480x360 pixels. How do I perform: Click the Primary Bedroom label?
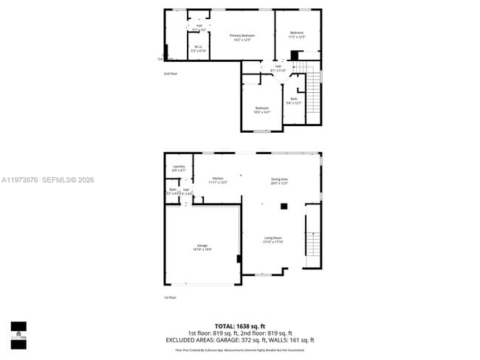pyautogui.click(x=241, y=37)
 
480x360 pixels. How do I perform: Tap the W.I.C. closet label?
pyautogui.click(x=198, y=49)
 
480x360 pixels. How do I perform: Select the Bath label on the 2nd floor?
pyautogui.click(x=294, y=100)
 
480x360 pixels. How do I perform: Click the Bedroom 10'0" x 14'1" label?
pyautogui.click(x=262, y=110)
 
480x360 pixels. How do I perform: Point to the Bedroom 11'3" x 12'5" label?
pyautogui.click(x=296, y=34)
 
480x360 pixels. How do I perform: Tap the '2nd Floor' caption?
pyautogui.click(x=171, y=73)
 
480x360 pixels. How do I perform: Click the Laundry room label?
pyautogui.click(x=179, y=168)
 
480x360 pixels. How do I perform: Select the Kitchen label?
pyautogui.click(x=218, y=180)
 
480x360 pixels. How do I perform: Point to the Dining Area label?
pyautogui.click(x=279, y=180)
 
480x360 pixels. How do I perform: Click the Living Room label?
pyautogui.click(x=273, y=239)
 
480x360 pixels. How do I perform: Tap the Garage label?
pyautogui.click(x=202, y=246)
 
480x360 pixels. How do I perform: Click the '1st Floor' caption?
pyautogui.click(x=171, y=297)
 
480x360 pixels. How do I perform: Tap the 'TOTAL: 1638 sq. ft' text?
pyautogui.click(x=239, y=325)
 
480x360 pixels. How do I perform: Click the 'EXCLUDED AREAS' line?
pyautogui.click(x=239, y=340)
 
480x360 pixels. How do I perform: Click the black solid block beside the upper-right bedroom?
pyautogui.click(x=294, y=55)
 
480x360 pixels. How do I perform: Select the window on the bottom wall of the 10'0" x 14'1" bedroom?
pyautogui.click(x=261, y=131)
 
